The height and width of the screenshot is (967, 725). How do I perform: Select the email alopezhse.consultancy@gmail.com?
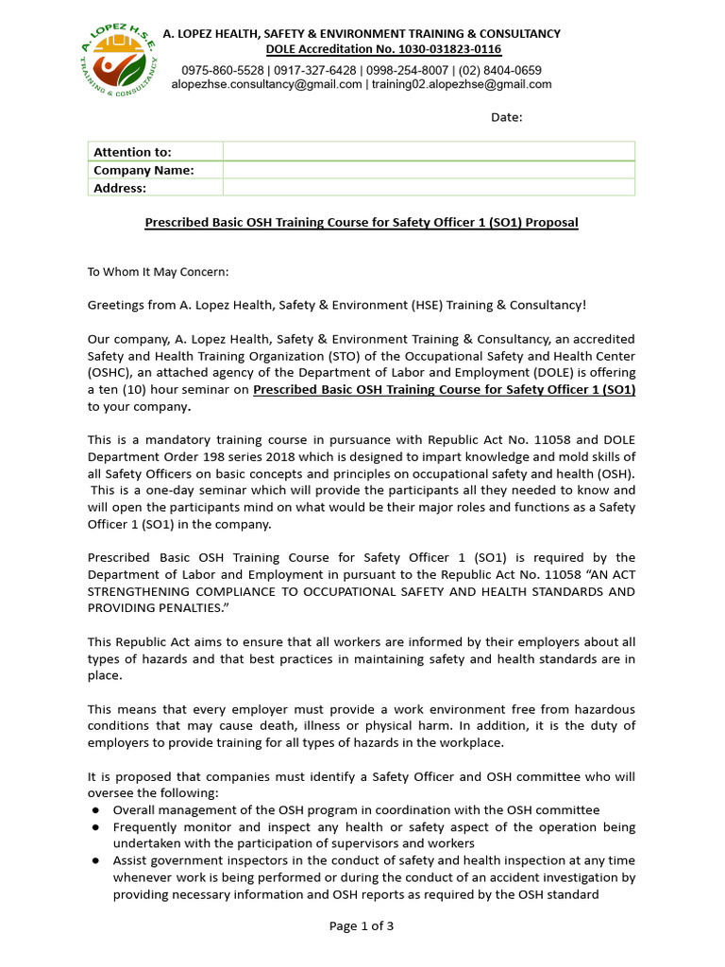[266, 84]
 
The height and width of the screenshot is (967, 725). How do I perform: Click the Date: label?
[506, 117]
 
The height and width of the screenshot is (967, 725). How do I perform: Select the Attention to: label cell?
[155, 152]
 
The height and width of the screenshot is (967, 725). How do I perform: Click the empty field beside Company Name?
[429, 170]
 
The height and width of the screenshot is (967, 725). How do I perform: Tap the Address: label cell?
[155, 188]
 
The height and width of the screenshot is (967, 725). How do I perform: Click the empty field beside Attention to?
[429, 152]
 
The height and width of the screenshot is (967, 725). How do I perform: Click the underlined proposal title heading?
[361, 223]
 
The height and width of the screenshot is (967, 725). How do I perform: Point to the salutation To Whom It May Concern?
[159, 272]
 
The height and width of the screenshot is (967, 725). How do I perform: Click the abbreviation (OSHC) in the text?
[111, 373]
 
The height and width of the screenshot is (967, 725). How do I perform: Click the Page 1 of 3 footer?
[362, 925]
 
